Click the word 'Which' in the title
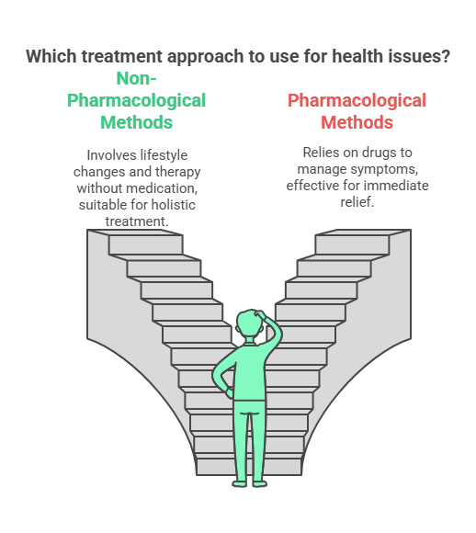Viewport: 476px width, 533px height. tap(51, 56)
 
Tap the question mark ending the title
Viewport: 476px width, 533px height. tap(446, 56)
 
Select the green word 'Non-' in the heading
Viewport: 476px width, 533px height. tap(136, 78)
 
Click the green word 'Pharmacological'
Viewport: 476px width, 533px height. tap(136, 100)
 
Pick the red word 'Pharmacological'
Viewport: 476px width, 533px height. tap(357, 100)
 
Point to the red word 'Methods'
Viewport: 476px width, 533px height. tap(357, 122)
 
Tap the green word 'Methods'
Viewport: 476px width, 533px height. tap(136, 122)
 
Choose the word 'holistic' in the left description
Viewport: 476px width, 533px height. tap(174, 205)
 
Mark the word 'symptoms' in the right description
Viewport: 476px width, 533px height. tap(389, 169)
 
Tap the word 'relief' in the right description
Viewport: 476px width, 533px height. tap(357, 202)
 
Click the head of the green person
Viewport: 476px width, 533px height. tap(250, 324)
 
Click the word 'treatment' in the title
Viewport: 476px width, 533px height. tap(121, 56)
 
